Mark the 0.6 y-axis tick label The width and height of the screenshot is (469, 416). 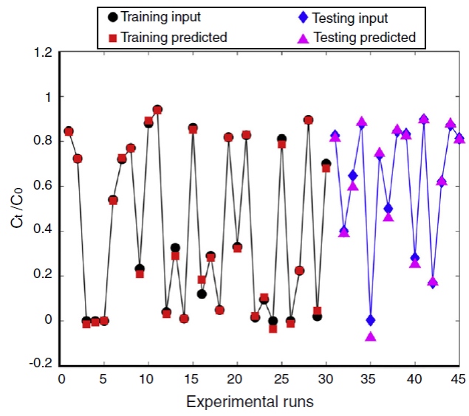pyautogui.click(x=42, y=187)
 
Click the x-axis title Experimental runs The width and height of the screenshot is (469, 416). pyautogui.click(x=250, y=402)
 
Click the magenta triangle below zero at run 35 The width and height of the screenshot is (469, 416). pyautogui.click(x=371, y=337)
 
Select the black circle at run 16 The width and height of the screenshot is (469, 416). pyautogui.click(x=202, y=294)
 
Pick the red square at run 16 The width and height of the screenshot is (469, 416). pyautogui.click(x=202, y=280)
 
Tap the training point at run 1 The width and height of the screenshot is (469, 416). pyautogui.click(x=69, y=131)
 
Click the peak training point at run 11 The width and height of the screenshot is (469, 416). pyautogui.click(x=157, y=110)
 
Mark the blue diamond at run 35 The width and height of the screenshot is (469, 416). pyautogui.click(x=371, y=320)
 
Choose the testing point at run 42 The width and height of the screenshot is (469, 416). pyautogui.click(x=433, y=282)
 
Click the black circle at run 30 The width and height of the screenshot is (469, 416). pyautogui.click(x=326, y=163)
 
